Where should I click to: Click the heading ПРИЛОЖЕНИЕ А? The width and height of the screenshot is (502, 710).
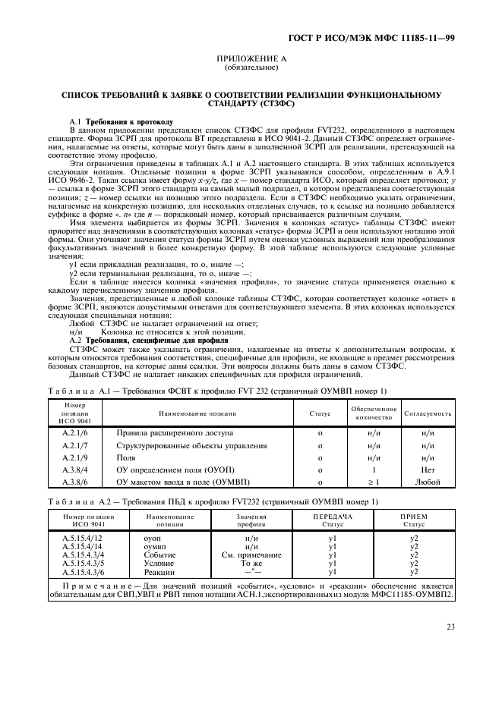(x=251, y=58)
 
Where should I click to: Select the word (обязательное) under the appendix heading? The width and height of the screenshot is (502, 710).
(x=251, y=67)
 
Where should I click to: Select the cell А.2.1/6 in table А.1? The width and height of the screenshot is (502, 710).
(x=75, y=432)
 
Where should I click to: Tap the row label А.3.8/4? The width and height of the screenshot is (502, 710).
(x=75, y=470)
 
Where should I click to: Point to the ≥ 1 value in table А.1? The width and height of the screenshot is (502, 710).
(x=372, y=482)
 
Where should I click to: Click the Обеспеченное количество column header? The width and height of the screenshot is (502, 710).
(x=372, y=413)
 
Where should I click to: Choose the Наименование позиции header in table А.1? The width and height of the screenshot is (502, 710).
(x=197, y=413)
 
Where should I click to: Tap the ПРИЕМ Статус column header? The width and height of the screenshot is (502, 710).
(x=413, y=520)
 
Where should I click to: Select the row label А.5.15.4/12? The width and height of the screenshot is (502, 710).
(x=84, y=537)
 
